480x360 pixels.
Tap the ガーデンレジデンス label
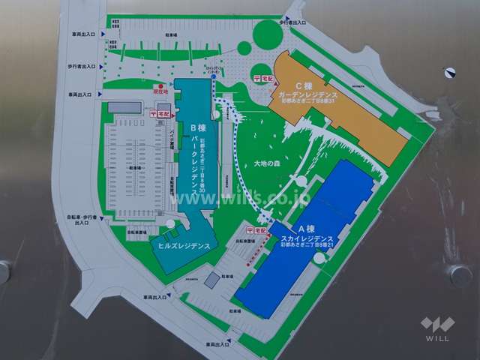pyautogui.click(x=309, y=95)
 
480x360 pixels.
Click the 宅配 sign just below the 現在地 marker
pyautogui.click(x=160, y=113)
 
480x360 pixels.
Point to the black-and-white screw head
pyautogui.click(x=450, y=73)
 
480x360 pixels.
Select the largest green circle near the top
pyautogui.click(x=267, y=34)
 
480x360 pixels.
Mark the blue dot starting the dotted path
pyautogui.click(x=213, y=76)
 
